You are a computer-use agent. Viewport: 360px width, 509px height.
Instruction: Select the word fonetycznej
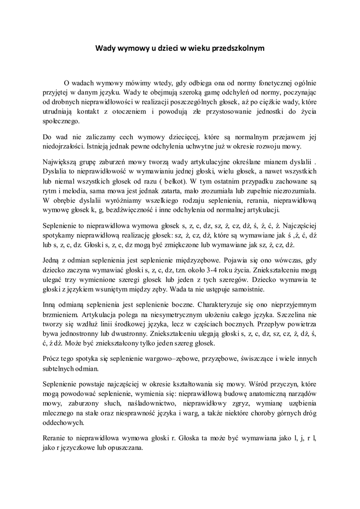(268, 83)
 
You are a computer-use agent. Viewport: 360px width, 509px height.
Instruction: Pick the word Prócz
(52, 359)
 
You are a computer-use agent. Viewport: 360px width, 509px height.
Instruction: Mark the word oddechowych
(64, 422)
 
